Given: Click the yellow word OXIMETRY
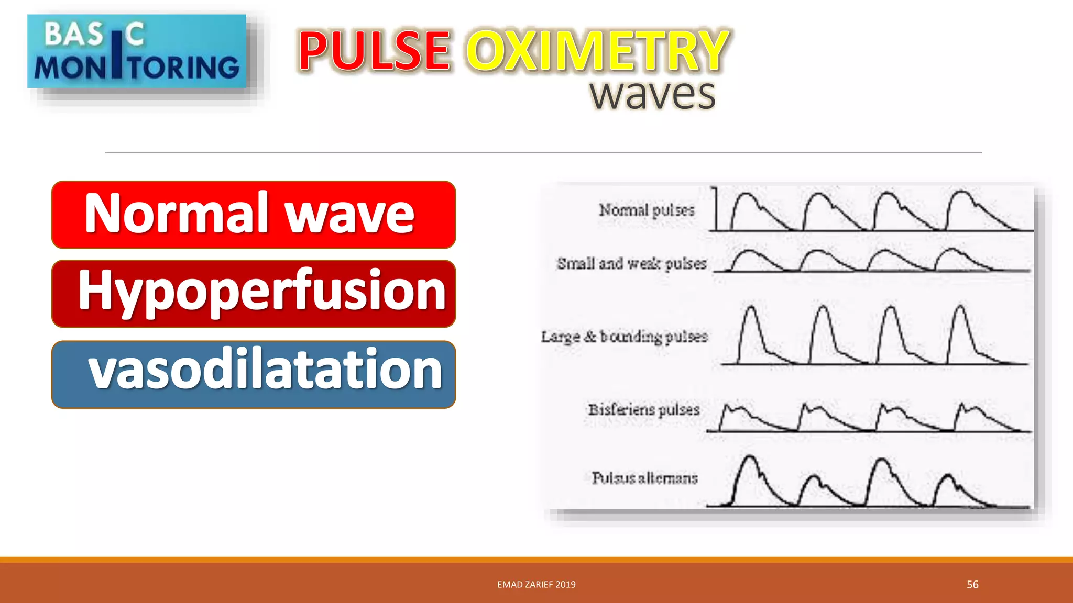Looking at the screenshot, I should (597, 51).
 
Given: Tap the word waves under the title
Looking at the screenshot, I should (652, 95).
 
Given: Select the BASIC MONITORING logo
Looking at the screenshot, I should (137, 51).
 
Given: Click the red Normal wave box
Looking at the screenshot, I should (254, 215).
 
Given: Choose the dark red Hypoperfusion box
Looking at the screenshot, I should (254, 294).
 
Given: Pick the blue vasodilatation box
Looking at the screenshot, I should (254, 374).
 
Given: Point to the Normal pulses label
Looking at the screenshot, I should (647, 210).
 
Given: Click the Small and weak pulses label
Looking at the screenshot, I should (632, 263).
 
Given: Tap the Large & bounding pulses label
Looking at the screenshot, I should (624, 337).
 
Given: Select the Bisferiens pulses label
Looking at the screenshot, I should (643, 409).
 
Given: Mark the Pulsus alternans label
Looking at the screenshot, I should (644, 478).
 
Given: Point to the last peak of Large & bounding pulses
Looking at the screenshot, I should (960, 308).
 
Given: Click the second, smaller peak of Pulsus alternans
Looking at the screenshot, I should (814, 478).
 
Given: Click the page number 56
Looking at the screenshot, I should (972, 585).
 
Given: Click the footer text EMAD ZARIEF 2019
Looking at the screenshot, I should (536, 585).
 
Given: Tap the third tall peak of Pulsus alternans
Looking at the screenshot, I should (882, 461).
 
